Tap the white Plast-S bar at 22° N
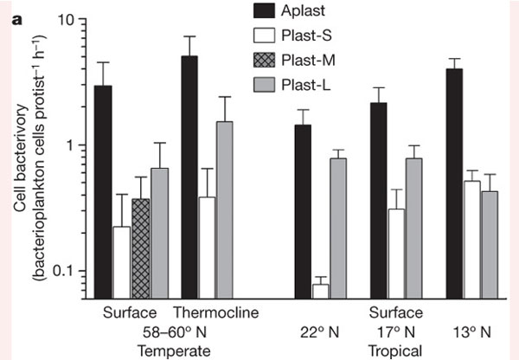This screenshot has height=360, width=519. (320, 290)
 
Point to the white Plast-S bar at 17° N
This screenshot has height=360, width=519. (372, 252)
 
